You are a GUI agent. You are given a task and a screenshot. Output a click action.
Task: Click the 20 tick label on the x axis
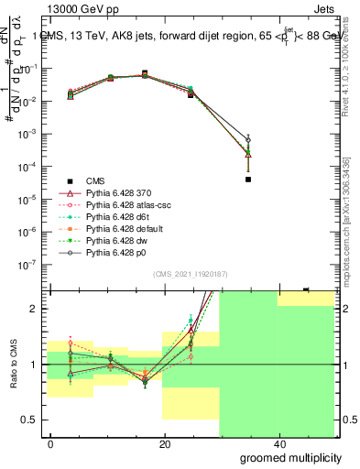tap(164, 443)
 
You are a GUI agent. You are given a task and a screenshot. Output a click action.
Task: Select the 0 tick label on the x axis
tap(51, 443)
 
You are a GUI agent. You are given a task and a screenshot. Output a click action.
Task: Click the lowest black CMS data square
tap(248, 180)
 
